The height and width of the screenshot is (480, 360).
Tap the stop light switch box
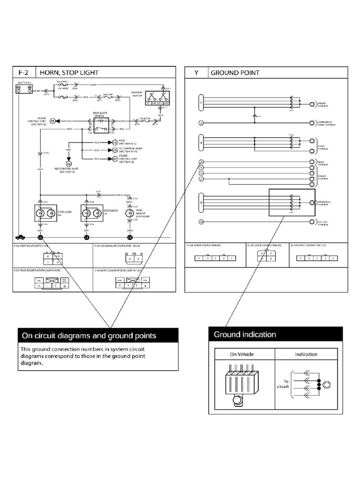coord(100,124)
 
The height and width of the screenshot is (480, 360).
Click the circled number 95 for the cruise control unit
coord(53,120)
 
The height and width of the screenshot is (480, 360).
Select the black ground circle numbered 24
coord(130,238)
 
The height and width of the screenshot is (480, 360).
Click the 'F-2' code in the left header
coord(23,73)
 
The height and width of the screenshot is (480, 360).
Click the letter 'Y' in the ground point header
coord(196,73)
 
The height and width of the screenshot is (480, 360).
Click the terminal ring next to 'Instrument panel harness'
coord(312,123)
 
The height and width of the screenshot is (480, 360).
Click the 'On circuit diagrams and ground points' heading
coord(97,336)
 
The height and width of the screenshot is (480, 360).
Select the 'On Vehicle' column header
coord(242,354)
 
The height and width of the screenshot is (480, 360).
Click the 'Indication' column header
coord(306,354)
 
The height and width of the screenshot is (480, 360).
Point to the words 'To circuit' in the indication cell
coord(287,384)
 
